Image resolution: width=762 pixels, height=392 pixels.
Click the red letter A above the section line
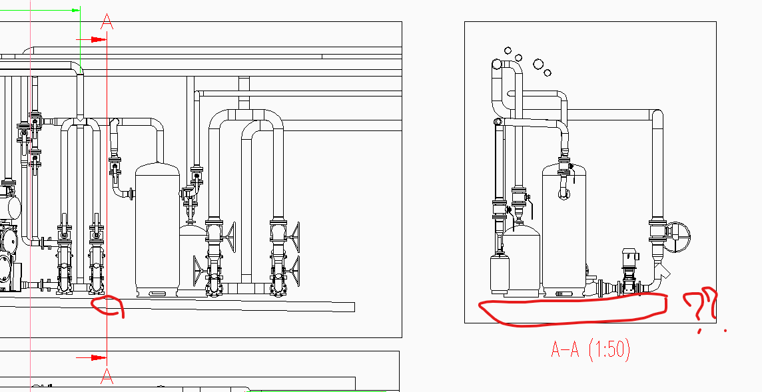[107, 22]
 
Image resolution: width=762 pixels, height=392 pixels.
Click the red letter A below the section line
[107, 376]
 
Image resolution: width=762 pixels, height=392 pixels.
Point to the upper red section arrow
[91, 39]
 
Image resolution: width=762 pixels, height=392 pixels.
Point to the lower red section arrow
[91, 358]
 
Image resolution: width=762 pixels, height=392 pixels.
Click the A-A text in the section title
[566, 349]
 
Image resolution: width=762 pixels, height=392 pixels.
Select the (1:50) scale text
[609, 350]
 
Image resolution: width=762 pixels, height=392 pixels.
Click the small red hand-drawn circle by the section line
[108, 306]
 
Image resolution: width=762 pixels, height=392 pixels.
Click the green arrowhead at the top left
[75, 10]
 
